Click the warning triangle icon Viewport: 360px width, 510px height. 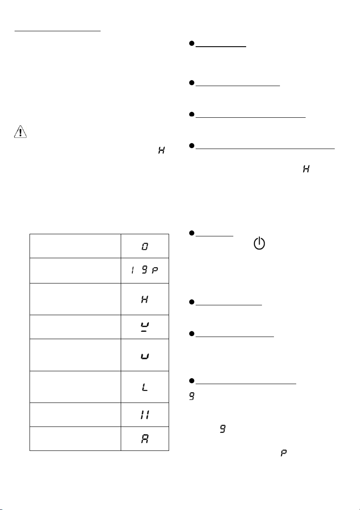(20, 132)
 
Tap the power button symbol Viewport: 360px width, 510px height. (259, 243)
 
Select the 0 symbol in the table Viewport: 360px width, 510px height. (145, 247)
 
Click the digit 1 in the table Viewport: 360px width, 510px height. (132, 270)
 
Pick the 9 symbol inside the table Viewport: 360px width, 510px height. (145, 270)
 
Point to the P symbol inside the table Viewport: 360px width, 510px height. (155, 270)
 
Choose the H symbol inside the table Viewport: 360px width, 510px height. (145, 299)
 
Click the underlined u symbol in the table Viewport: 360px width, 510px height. (145, 327)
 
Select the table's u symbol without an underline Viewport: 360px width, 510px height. (145, 356)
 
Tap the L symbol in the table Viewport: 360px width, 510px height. (145, 387)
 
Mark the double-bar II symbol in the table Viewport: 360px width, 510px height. (145, 415)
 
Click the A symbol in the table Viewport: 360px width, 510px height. (145, 439)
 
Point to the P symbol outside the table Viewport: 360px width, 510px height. (283, 453)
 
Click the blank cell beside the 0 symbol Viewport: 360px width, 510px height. (75, 246)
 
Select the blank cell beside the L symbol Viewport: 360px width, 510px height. (75, 387)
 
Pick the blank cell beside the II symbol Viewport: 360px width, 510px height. (75, 415)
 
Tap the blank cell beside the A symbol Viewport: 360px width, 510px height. (75, 439)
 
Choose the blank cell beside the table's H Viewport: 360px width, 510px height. (75, 299)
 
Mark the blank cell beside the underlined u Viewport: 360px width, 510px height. (75, 327)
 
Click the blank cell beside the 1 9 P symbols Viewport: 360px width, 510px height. (75, 271)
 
